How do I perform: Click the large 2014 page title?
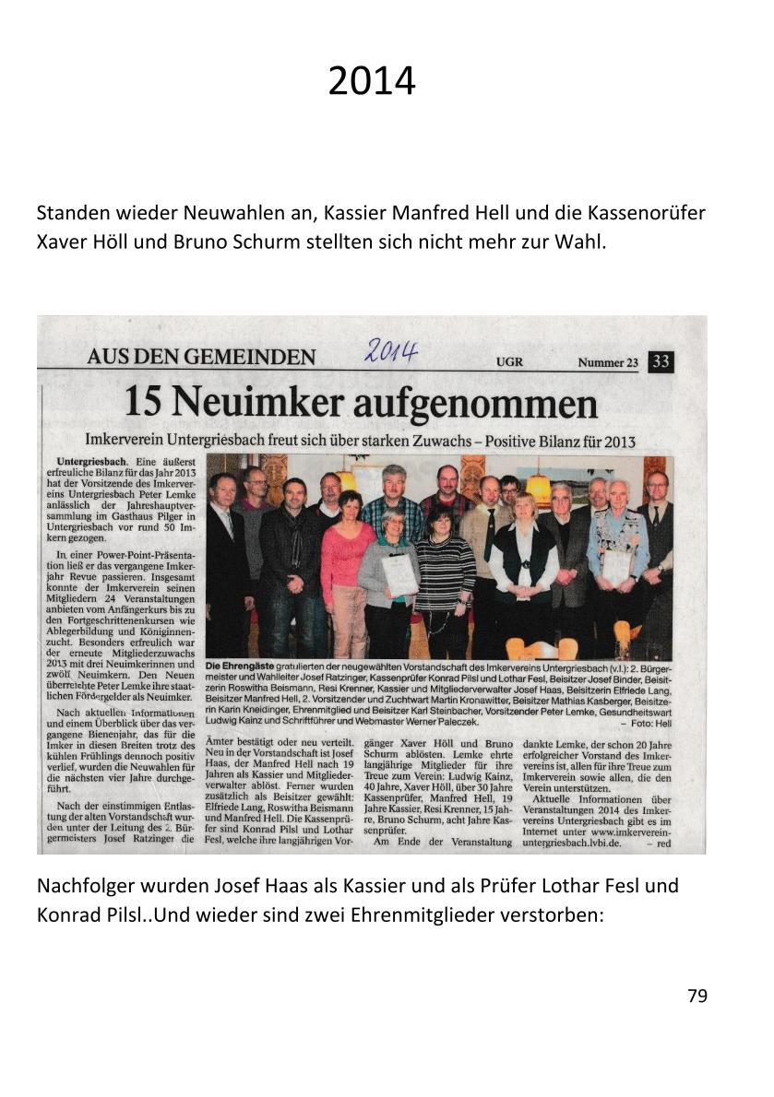click(372, 82)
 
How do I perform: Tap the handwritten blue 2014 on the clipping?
click(391, 350)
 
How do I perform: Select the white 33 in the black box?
click(661, 361)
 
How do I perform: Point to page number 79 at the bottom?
click(697, 996)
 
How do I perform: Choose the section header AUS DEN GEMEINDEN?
click(201, 358)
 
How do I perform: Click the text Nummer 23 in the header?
click(608, 362)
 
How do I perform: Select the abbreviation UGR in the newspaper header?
click(508, 362)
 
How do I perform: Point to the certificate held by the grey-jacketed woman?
click(400, 576)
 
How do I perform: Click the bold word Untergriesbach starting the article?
click(91, 459)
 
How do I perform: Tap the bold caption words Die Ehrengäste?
click(238, 666)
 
